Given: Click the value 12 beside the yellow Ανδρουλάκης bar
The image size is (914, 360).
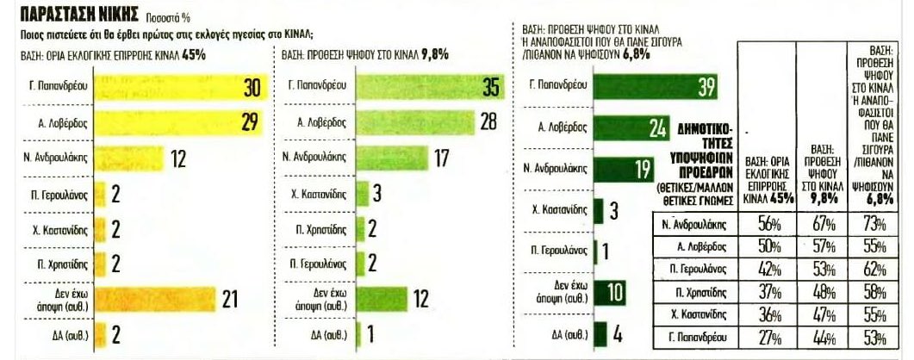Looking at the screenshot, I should (x=179, y=158).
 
